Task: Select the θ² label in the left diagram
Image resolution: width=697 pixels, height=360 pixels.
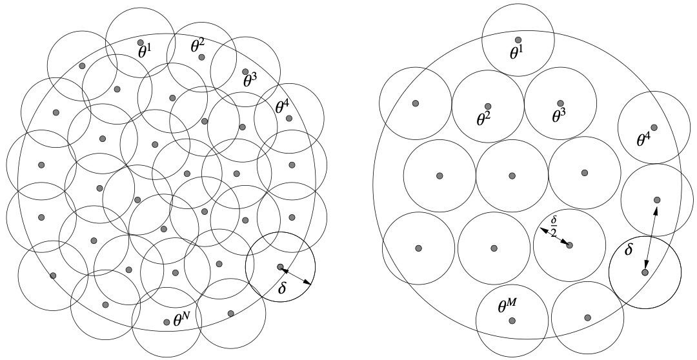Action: tap(197, 46)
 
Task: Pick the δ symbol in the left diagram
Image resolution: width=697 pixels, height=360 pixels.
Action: tap(281, 288)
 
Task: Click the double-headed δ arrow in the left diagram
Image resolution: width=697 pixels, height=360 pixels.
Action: tap(296, 275)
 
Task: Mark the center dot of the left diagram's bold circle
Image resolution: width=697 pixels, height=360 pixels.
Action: tap(280, 266)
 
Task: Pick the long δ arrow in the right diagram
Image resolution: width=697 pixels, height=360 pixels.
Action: tap(651, 236)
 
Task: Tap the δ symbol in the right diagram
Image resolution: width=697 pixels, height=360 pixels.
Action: tap(629, 248)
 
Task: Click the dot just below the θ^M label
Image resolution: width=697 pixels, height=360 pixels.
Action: tap(512, 320)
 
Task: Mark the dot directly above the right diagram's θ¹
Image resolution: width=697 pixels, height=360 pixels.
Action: tap(518, 40)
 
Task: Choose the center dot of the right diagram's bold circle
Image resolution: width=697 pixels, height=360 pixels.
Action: tap(645, 272)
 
